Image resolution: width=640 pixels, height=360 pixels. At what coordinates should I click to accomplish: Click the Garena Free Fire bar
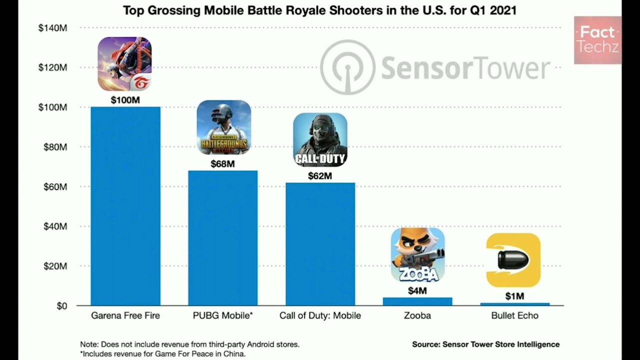(x=125, y=206)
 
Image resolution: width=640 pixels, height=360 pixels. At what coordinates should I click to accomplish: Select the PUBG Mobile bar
(x=223, y=238)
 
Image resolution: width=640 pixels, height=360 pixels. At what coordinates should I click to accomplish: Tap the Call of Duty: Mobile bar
(x=320, y=244)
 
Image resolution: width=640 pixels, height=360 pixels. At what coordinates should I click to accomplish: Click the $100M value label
(x=125, y=100)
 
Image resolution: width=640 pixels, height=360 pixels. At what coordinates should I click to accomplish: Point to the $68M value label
(x=222, y=163)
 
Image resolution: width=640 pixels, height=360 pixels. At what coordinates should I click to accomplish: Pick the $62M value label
(x=320, y=176)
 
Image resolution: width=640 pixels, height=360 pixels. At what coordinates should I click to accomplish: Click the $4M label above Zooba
(x=417, y=291)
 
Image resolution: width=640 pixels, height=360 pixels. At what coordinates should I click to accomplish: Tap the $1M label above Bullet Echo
(x=514, y=296)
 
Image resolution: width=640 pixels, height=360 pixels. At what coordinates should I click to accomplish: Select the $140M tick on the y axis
(x=52, y=28)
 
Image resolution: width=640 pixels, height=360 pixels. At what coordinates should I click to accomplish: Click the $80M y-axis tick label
(x=52, y=147)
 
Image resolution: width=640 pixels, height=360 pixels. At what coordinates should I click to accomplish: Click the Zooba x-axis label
(x=417, y=315)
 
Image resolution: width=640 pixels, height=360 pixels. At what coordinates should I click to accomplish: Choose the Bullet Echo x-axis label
(x=514, y=315)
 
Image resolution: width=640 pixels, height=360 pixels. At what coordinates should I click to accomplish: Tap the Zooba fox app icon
(x=417, y=254)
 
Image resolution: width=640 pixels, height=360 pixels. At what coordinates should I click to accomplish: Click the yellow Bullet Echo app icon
(x=513, y=260)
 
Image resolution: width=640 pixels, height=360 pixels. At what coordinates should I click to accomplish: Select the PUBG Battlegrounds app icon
(x=223, y=127)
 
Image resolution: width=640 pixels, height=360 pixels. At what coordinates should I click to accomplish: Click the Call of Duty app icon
(x=320, y=139)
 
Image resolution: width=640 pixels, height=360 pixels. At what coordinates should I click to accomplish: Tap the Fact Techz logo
(x=597, y=40)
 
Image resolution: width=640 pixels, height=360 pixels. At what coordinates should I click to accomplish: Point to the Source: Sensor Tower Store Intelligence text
(x=485, y=344)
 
